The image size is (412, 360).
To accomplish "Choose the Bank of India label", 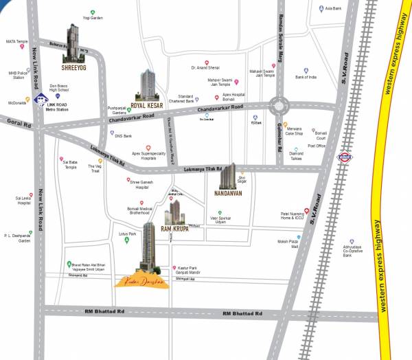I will pos(306,78).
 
